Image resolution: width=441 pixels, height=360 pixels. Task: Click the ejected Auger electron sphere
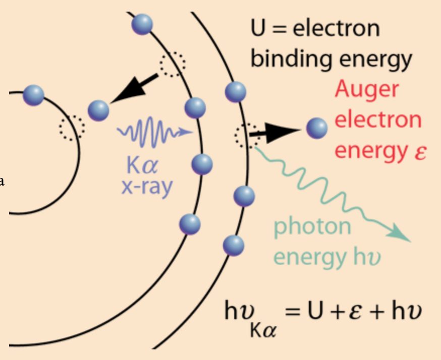click(x=317, y=128)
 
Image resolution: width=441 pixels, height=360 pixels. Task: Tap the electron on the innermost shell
click(x=34, y=95)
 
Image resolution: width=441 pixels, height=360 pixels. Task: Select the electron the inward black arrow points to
click(x=98, y=110)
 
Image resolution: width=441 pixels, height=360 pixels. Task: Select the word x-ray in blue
click(x=147, y=187)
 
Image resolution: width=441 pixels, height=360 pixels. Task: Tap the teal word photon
click(x=312, y=226)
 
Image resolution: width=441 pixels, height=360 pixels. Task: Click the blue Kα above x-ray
click(x=143, y=165)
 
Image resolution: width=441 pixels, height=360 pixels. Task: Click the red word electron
click(x=378, y=120)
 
